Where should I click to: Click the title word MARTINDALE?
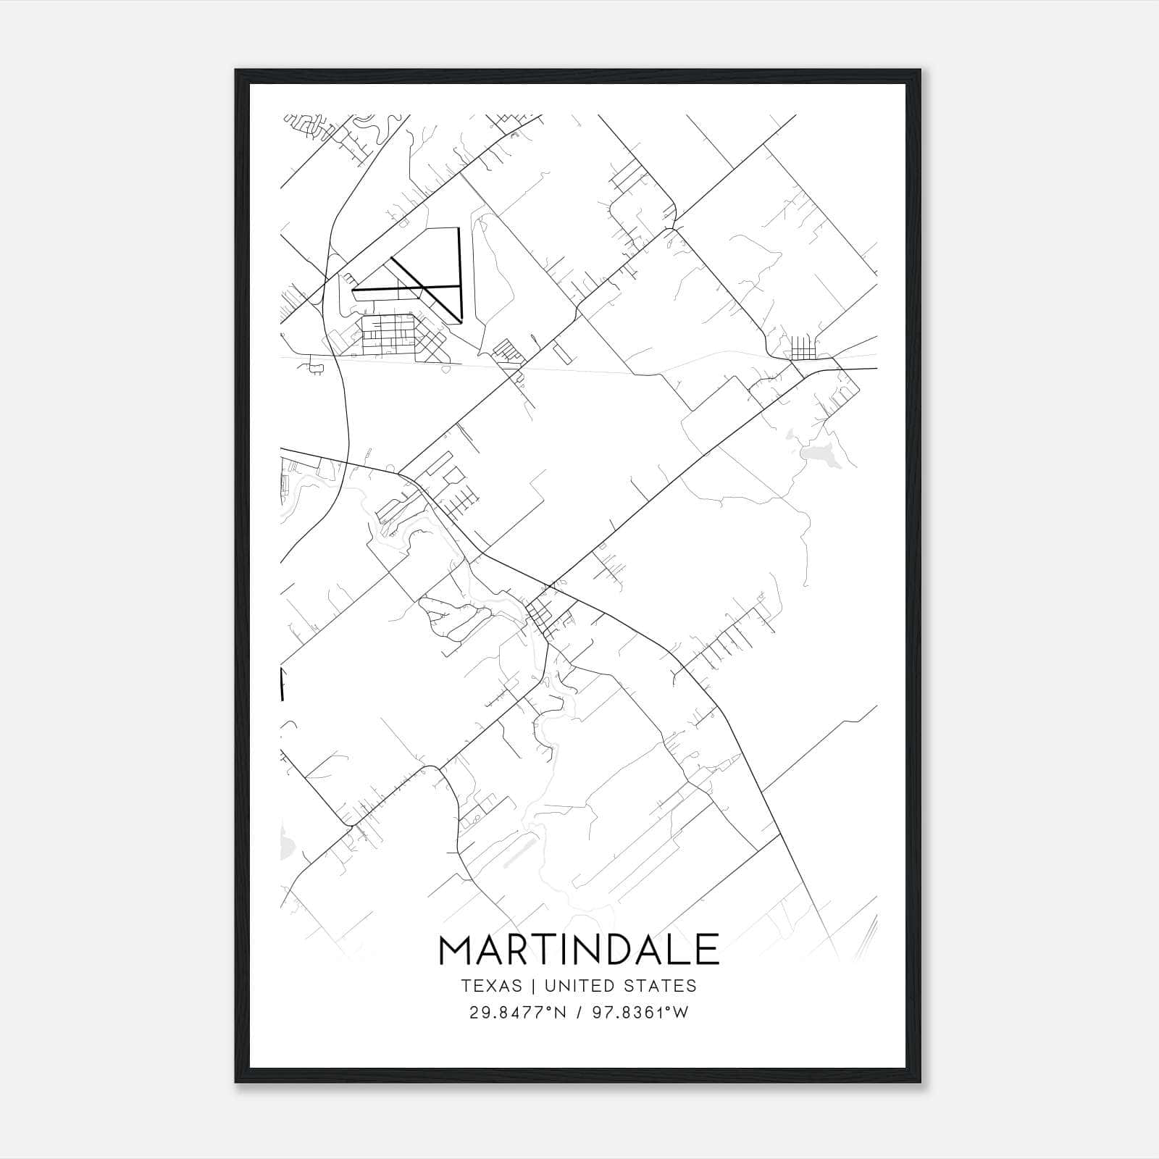579,950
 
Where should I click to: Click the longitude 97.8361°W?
640,1013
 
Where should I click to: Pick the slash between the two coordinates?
580,1013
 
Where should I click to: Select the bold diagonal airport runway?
426,288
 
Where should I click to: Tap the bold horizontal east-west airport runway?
406,288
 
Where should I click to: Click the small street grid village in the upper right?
803,348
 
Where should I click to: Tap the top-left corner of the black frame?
235,70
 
